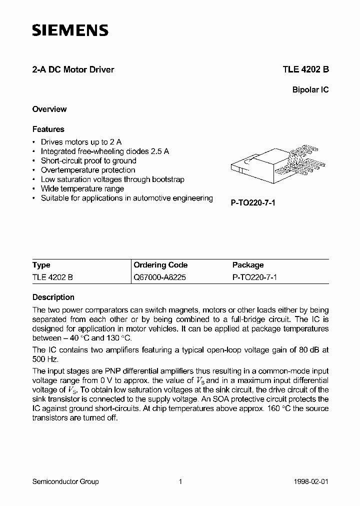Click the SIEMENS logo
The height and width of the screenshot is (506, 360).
[x=70, y=31]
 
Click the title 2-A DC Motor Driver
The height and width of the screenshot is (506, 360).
[x=73, y=69]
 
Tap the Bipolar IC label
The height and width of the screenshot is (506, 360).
[x=310, y=90]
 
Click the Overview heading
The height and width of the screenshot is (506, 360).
[x=49, y=109]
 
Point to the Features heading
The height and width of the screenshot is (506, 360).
[x=48, y=129]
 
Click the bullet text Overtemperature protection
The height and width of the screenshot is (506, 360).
[x=88, y=170]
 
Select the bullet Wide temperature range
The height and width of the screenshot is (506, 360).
[x=82, y=188]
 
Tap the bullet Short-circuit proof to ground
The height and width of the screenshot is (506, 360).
[x=88, y=160]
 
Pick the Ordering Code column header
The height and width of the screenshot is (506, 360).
[x=160, y=265]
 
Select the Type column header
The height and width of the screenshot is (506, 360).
[x=41, y=265]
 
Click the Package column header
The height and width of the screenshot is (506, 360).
[x=248, y=265]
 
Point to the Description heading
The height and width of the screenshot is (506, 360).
[x=53, y=297]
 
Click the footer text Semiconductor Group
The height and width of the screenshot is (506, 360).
[x=65, y=481]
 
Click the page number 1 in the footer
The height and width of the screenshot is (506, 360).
[x=180, y=481]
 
